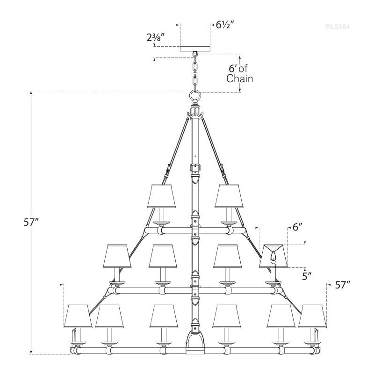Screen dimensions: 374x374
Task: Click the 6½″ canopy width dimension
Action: pos(225,25)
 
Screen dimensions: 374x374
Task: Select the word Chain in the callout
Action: pos(239,79)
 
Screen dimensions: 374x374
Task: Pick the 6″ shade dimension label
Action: pos(298,228)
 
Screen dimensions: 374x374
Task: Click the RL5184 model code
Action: pos(338,27)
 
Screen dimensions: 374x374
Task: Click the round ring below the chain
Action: pos(194,97)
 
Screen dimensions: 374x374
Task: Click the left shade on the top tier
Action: pos(161,196)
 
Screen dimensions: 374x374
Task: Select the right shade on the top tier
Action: pos(228,196)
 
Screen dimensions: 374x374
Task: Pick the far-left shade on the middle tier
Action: pos(117,256)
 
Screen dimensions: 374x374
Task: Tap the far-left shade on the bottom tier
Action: pos(78,316)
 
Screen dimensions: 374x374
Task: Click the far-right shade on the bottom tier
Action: pos(312,316)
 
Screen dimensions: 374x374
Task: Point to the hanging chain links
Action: pos(194,70)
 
